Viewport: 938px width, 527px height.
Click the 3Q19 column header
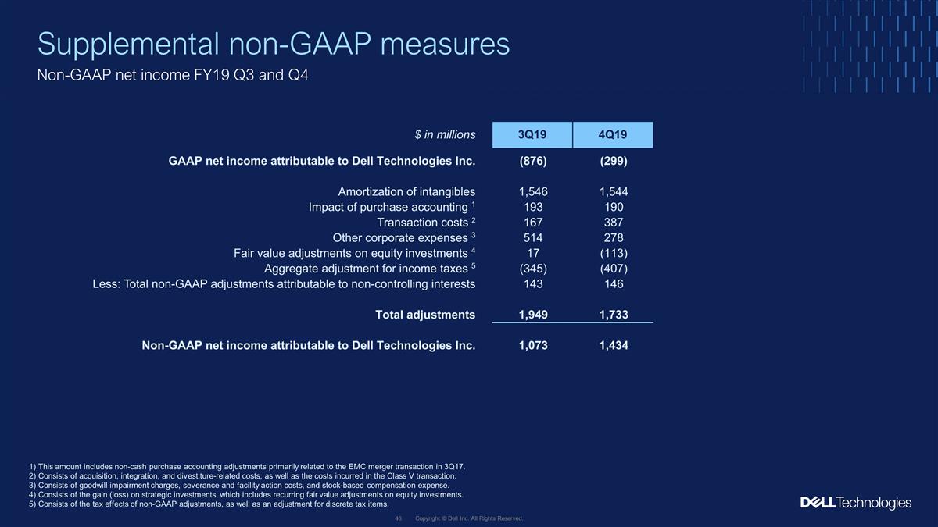coord(532,134)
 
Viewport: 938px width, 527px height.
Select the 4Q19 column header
coord(613,134)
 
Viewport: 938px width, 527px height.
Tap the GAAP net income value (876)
coord(533,161)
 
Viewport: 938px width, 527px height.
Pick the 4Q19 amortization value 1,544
coord(614,192)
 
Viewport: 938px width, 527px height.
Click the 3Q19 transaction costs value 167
coord(533,223)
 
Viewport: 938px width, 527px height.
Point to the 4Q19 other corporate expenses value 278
coord(614,238)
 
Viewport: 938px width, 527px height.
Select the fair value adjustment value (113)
coord(614,254)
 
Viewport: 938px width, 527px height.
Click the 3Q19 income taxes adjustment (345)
coord(533,269)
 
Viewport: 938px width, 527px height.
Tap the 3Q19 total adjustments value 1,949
coord(533,315)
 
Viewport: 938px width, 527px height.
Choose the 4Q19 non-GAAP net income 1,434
coord(614,345)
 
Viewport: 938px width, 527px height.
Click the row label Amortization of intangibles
coord(406,192)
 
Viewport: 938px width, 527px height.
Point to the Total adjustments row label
coord(425,315)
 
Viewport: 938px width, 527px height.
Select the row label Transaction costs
coord(423,223)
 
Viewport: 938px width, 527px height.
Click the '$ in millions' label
coord(445,134)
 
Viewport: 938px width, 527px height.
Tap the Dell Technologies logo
coord(855,503)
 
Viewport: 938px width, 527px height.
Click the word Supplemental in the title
coord(128,44)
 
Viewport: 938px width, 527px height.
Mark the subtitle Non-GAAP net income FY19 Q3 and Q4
coord(173,75)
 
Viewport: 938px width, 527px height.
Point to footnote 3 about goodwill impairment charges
coord(239,486)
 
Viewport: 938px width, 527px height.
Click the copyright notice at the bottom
coord(469,518)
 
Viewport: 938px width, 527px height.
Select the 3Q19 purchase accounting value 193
coord(533,207)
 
